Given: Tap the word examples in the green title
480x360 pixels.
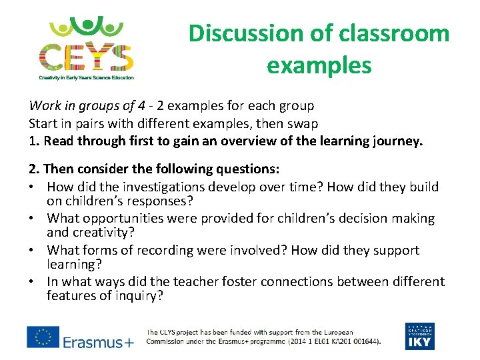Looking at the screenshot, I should [x=319, y=65].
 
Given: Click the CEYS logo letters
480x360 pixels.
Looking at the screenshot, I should [x=85, y=57].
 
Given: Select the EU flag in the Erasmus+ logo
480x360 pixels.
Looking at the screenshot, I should [x=42, y=337].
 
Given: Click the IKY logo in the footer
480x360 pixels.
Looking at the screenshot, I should [x=419, y=337].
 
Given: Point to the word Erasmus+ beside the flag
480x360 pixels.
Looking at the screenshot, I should [x=98, y=342].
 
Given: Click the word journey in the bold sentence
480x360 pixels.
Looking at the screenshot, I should [x=398, y=141].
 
